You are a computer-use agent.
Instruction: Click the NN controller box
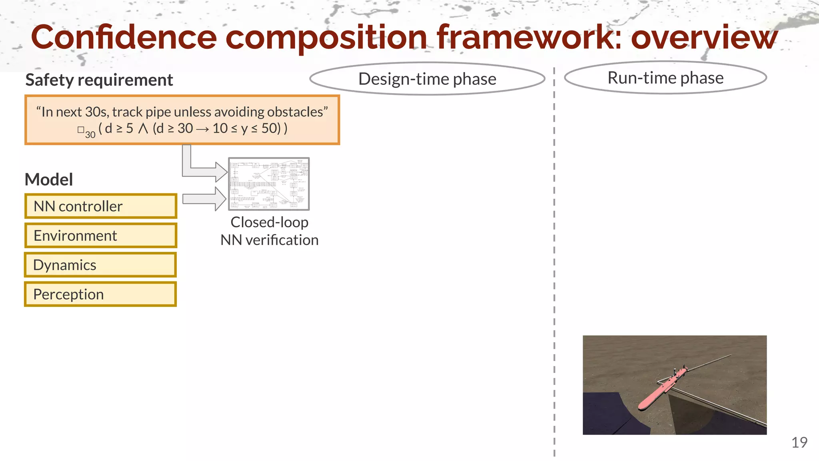pyautogui.click(x=100, y=206)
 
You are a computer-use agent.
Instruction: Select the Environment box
pyautogui.click(x=100, y=236)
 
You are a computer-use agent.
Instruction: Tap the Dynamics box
pyautogui.click(x=100, y=265)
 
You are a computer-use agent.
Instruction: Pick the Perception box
pyautogui.click(x=100, y=294)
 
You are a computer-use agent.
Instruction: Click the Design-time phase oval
pyautogui.click(x=427, y=79)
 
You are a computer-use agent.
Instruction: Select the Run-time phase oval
pyautogui.click(x=665, y=78)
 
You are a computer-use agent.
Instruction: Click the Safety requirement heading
pyautogui.click(x=99, y=80)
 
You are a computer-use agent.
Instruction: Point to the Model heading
pyautogui.click(x=49, y=180)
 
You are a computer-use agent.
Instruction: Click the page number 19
pyautogui.click(x=799, y=443)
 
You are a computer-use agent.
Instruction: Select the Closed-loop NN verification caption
pyautogui.click(x=269, y=231)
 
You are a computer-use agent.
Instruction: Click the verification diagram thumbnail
pyautogui.click(x=269, y=184)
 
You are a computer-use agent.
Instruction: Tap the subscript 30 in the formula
pyautogui.click(x=90, y=135)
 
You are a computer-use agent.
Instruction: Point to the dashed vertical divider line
pyautogui.click(x=554, y=260)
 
